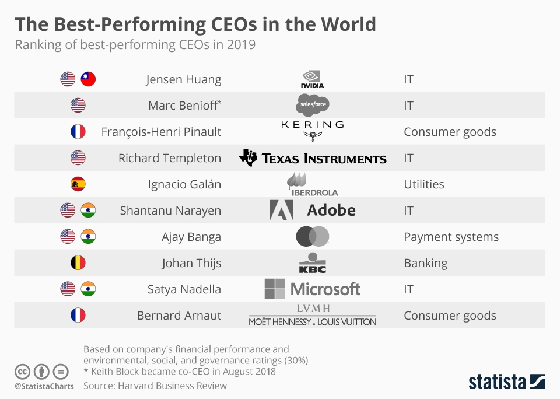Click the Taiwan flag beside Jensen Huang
coord(88,79)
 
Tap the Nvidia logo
coord(312,79)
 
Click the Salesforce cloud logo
coord(313,106)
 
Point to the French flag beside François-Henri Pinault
coord(78,132)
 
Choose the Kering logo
coord(313,131)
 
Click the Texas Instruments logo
coord(313,158)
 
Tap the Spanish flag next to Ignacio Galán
coord(78,184)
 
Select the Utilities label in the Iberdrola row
coord(423,184)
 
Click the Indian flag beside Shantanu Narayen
coord(88,211)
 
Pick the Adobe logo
coord(313,210)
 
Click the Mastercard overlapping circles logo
coord(313,237)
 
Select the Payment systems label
coord(451,237)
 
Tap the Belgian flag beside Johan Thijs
coord(78,263)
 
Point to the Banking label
coord(425,263)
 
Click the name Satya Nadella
coord(184,289)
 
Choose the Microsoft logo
coord(313,289)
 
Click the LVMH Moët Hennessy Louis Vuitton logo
coord(313,315)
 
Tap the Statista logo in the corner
coord(507,382)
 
